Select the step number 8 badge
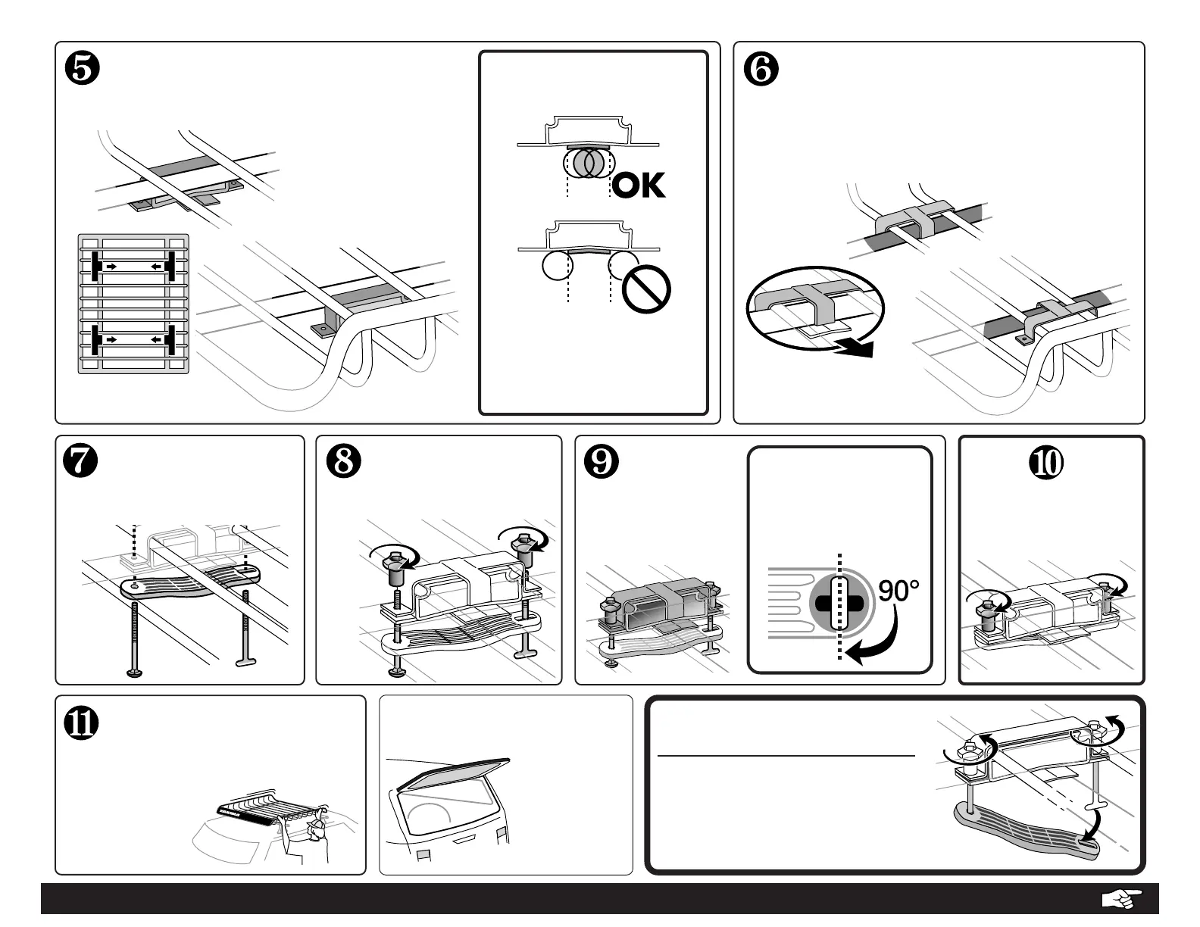coord(343,461)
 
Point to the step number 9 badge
coord(602,461)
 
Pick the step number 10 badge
coord(1052,461)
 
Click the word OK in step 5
coord(638,185)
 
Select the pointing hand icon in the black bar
coord(1120,899)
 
